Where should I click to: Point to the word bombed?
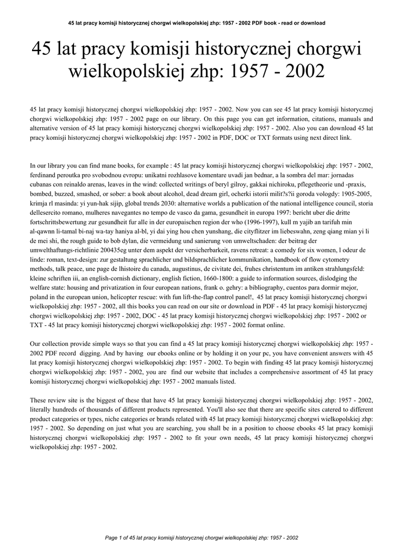(x=43, y=192)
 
